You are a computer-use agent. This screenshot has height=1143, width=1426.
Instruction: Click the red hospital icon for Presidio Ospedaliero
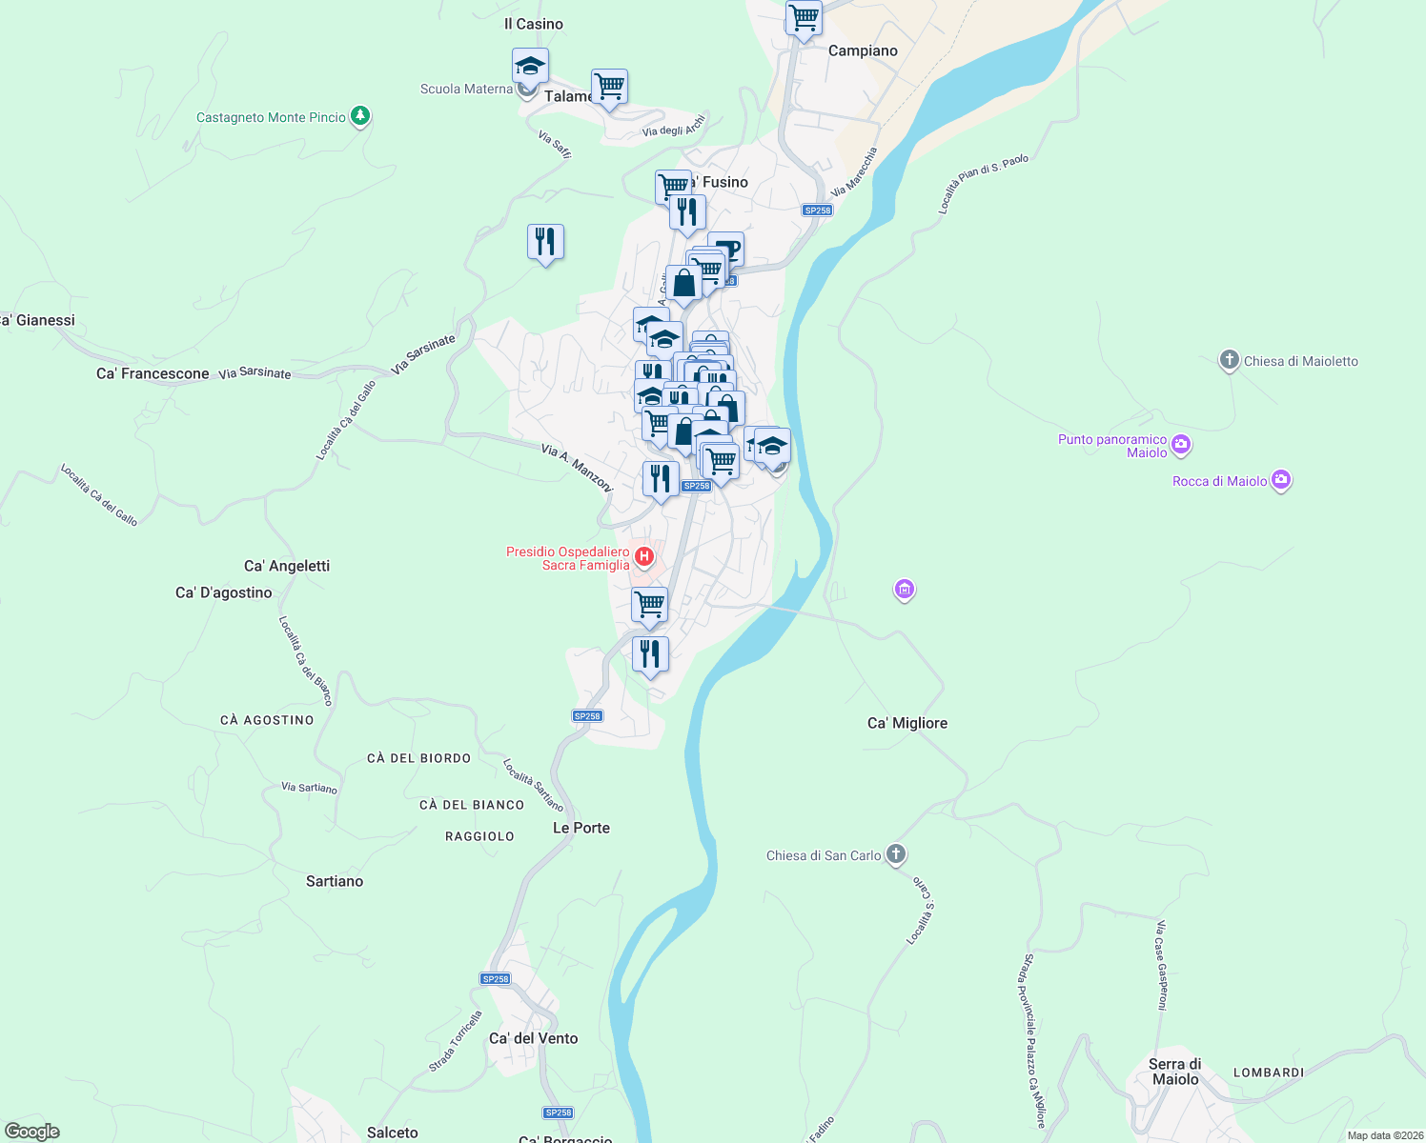click(x=644, y=556)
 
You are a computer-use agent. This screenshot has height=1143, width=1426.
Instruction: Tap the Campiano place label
click(x=863, y=51)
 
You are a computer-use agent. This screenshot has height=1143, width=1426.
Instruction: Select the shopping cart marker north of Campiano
click(x=804, y=17)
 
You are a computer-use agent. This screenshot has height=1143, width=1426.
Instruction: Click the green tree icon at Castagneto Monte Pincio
click(x=359, y=116)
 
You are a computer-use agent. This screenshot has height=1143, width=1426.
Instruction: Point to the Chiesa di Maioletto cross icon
click(x=1229, y=360)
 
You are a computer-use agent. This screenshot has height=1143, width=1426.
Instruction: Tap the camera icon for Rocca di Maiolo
click(x=1281, y=480)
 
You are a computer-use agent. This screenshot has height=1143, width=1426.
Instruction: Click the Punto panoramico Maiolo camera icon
click(x=1181, y=444)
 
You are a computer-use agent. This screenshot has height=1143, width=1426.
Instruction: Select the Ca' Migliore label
click(x=907, y=723)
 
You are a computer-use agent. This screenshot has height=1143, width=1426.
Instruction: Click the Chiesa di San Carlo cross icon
click(x=895, y=853)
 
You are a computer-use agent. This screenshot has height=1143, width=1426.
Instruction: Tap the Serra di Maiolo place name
click(x=1174, y=1072)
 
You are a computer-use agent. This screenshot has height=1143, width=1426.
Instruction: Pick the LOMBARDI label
click(x=1268, y=1073)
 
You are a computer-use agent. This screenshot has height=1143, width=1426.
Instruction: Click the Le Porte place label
click(x=581, y=828)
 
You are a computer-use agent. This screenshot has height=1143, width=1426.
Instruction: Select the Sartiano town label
click(x=334, y=881)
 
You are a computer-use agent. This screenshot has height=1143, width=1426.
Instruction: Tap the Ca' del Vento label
click(x=533, y=1038)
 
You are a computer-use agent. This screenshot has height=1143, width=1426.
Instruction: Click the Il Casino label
click(x=533, y=24)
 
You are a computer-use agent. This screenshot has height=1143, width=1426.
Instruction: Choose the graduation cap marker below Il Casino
click(x=530, y=66)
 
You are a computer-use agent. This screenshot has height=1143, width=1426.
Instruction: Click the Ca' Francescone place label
click(x=153, y=373)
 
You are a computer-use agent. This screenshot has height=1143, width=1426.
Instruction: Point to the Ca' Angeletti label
click(x=286, y=566)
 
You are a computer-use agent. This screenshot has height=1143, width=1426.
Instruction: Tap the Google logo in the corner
click(x=32, y=1132)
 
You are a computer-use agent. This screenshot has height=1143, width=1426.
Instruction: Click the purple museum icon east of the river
click(x=904, y=591)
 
